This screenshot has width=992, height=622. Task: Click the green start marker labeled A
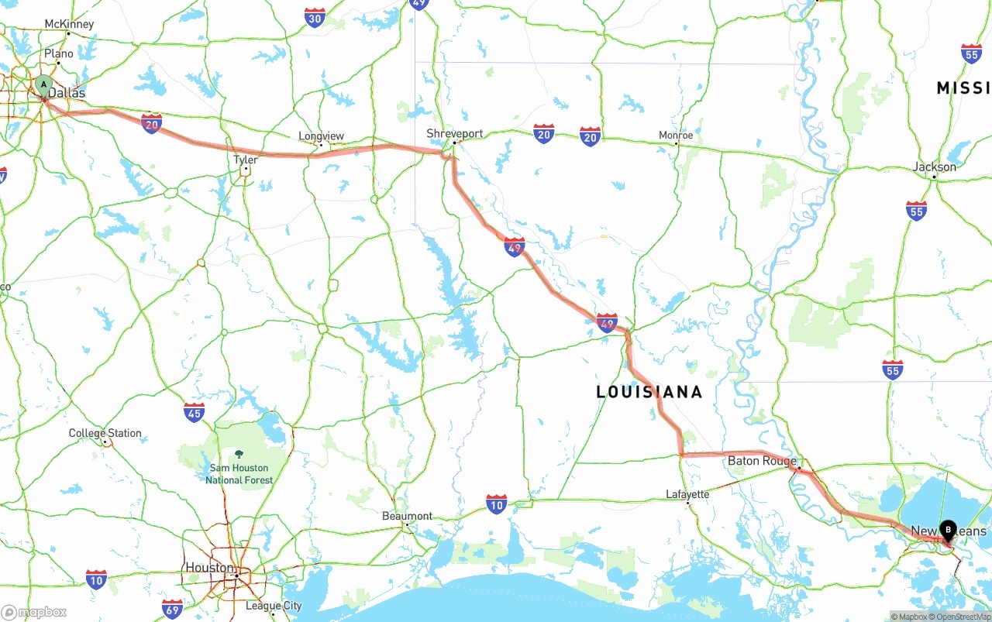pyautogui.click(x=43, y=84)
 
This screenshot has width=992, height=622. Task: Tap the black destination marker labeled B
pyautogui.click(x=948, y=530)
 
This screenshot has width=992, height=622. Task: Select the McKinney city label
pyautogui.click(x=69, y=24)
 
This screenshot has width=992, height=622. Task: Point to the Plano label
pyautogui.click(x=59, y=53)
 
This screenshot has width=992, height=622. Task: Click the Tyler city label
pyautogui.click(x=246, y=160)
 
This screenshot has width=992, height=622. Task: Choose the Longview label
pyautogui.click(x=321, y=136)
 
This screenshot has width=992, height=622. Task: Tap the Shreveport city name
pyautogui.click(x=455, y=133)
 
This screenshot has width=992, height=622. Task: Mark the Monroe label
pyautogui.click(x=676, y=135)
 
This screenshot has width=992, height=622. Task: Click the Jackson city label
pyautogui.click(x=935, y=167)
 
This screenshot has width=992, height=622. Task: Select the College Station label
pyautogui.click(x=105, y=433)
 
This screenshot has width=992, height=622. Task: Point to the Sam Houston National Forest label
pyautogui.click(x=239, y=473)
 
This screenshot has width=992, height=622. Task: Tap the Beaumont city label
pyautogui.click(x=408, y=516)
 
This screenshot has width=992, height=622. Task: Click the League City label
pyautogui.click(x=274, y=606)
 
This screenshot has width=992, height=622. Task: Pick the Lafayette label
pyautogui.click(x=687, y=494)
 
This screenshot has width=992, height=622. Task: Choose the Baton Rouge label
pyautogui.click(x=762, y=461)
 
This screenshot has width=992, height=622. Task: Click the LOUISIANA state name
pyautogui.click(x=649, y=392)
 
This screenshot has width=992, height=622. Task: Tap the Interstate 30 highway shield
pyautogui.click(x=315, y=19)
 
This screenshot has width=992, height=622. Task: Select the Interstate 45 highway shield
pyautogui.click(x=195, y=412)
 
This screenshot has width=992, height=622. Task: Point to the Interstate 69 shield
pyautogui.click(x=173, y=608)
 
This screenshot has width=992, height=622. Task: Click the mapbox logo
pyautogui.click(x=34, y=612)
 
